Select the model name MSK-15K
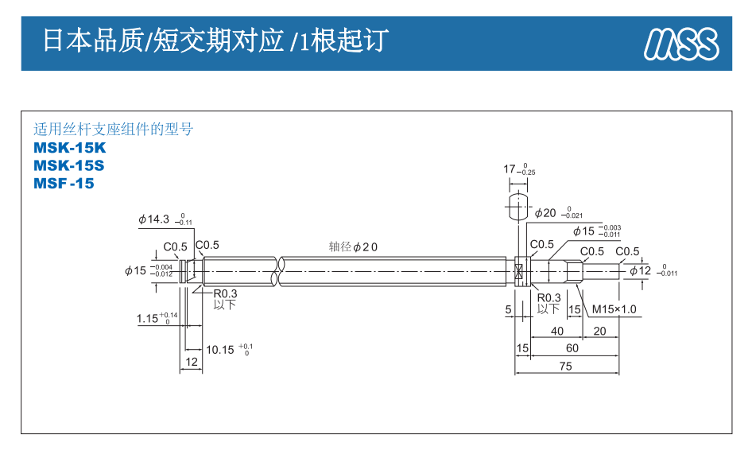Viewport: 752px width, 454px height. [x=69, y=148]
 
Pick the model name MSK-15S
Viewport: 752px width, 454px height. [x=69, y=165]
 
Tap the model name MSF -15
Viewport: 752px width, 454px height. [x=64, y=184]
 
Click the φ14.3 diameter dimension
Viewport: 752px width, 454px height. [x=154, y=219]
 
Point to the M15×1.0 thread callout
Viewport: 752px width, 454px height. [x=614, y=309]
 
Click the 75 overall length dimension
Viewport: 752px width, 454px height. [x=565, y=367]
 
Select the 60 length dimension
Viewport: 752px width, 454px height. [x=572, y=348]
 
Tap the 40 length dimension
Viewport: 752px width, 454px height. [x=556, y=331]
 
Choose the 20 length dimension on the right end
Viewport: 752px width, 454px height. [x=599, y=331]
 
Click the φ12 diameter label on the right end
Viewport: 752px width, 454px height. [x=641, y=270]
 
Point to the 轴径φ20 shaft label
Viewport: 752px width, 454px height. [x=354, y=246]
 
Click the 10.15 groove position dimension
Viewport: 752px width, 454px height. [x=219, y=349]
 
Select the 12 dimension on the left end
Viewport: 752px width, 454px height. [x=191, y=362]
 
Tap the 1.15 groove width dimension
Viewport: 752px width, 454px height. [x=148, y=319]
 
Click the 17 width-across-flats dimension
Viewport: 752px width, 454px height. [x=510, y=169]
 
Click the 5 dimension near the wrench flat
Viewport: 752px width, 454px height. [x=508, y=309]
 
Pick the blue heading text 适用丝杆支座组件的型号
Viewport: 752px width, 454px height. [x=113, y=129]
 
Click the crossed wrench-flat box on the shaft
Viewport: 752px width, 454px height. [x=519, y=270]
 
